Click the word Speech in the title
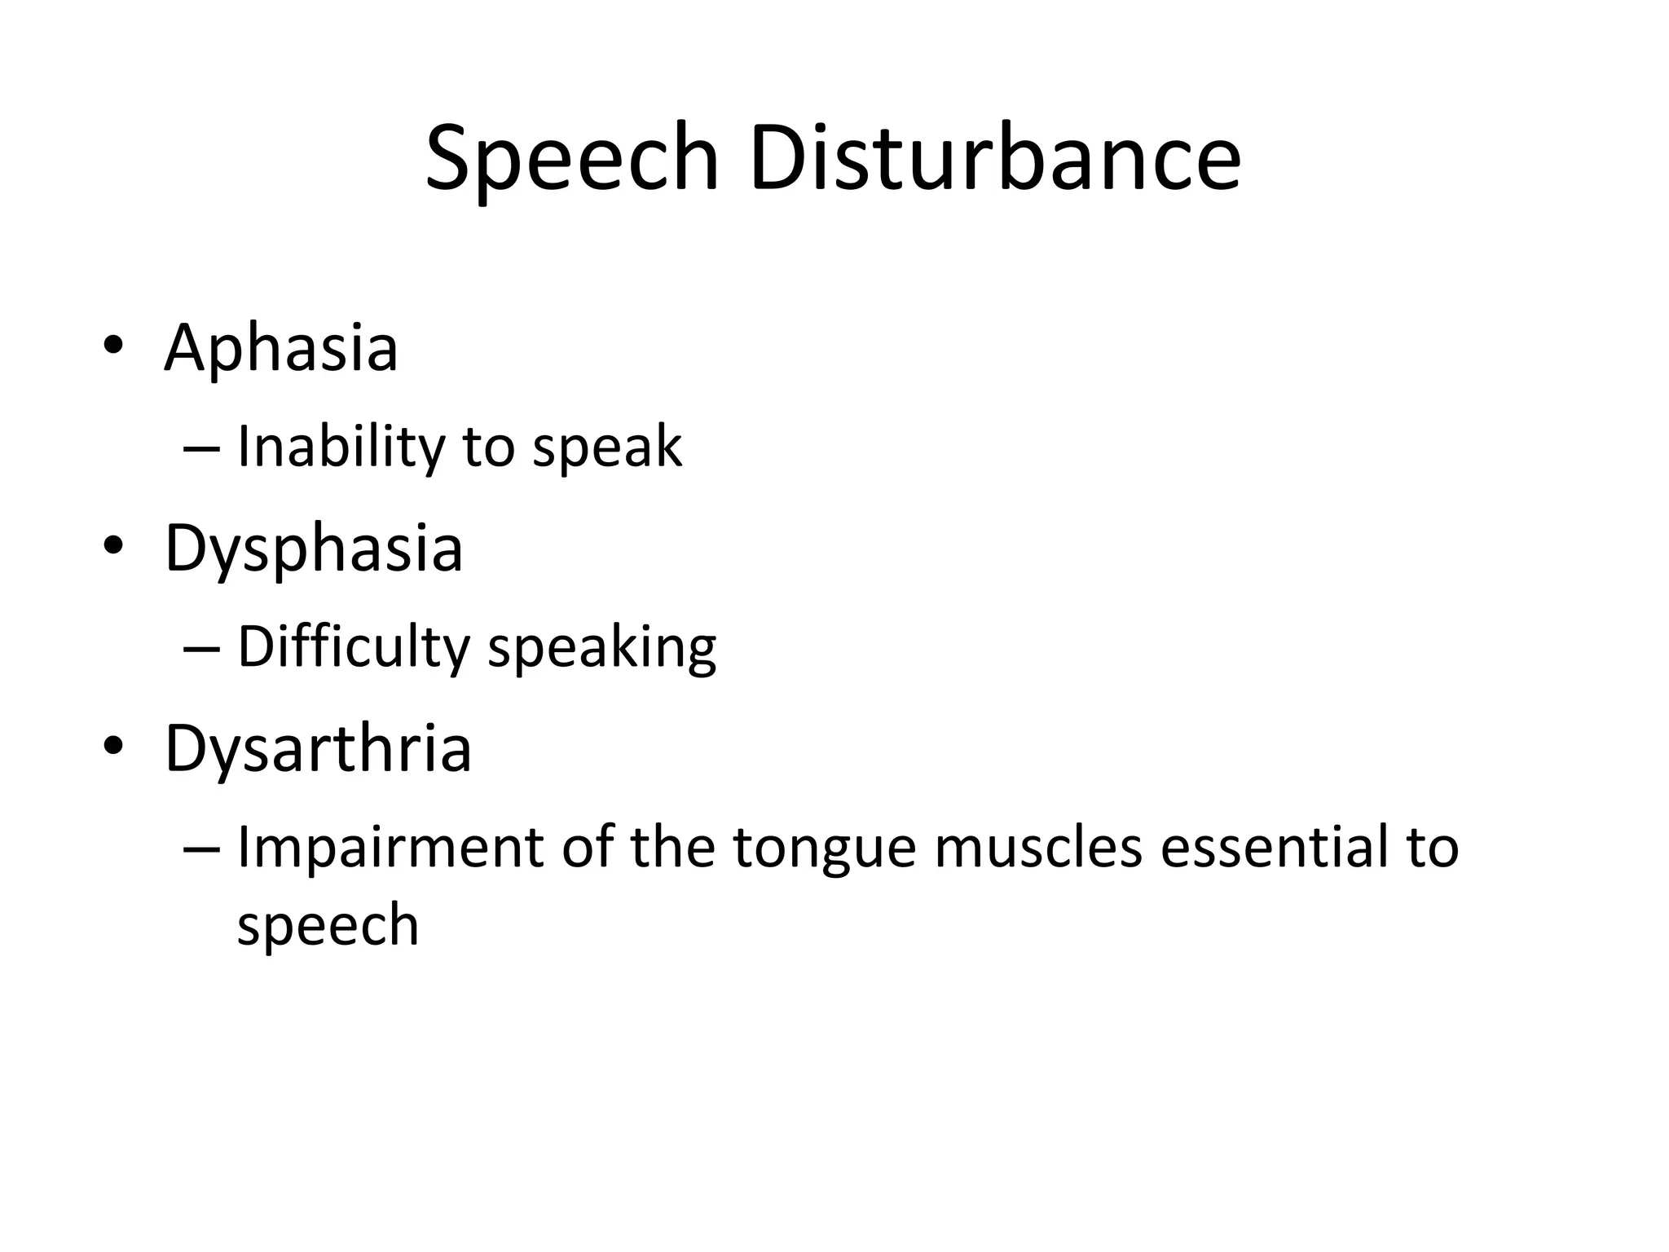(x=571, y=159)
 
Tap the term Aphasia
(x=281, y=349)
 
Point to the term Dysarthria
(x=318, y=749)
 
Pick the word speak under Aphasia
(x=607, y=447)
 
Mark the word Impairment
(x=390, y=848)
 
